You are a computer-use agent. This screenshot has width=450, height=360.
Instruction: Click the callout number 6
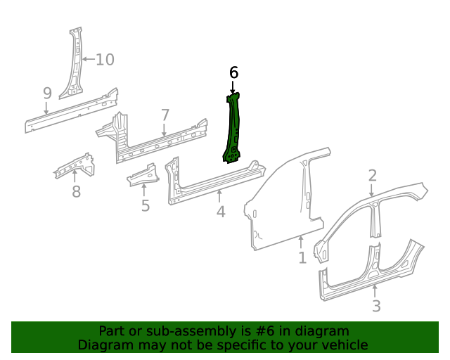pos(234,72)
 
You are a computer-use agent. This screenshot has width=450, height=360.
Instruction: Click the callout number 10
pos(104,59)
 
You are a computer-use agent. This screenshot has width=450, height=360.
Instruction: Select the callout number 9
pos(47,93)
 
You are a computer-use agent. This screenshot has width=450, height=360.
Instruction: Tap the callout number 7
pos(165,115)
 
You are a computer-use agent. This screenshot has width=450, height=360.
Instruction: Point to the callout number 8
pos(76,191)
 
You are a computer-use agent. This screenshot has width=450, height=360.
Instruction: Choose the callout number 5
pos(146,205)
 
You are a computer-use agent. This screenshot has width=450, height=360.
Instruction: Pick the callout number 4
pos(221,211)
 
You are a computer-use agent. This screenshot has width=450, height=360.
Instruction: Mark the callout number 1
pos(302,258)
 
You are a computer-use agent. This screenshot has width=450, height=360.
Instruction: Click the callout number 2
pos(373,176)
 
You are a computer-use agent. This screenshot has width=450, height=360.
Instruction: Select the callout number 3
pos(376,306)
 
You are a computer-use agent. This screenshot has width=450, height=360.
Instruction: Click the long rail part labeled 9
pos(70,110)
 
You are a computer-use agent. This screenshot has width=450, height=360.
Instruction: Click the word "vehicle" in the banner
pos(343,345)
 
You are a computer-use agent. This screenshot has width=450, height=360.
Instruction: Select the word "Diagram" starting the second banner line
pos(104,345)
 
